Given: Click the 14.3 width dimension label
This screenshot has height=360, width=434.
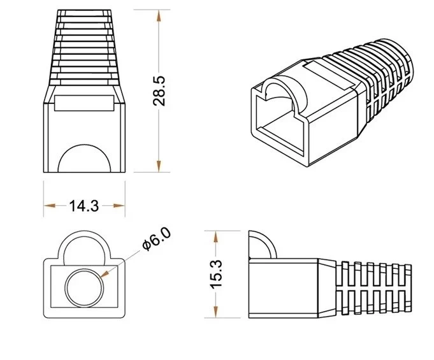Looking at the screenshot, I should (84, 206).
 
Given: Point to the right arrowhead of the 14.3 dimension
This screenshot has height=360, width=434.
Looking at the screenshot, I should (121, 206).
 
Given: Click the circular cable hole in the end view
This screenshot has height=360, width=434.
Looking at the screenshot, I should (83, 286).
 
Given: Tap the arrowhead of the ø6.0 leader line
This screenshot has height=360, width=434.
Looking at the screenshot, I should (105, 275).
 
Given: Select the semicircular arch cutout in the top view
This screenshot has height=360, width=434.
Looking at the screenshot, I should (84, 158).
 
